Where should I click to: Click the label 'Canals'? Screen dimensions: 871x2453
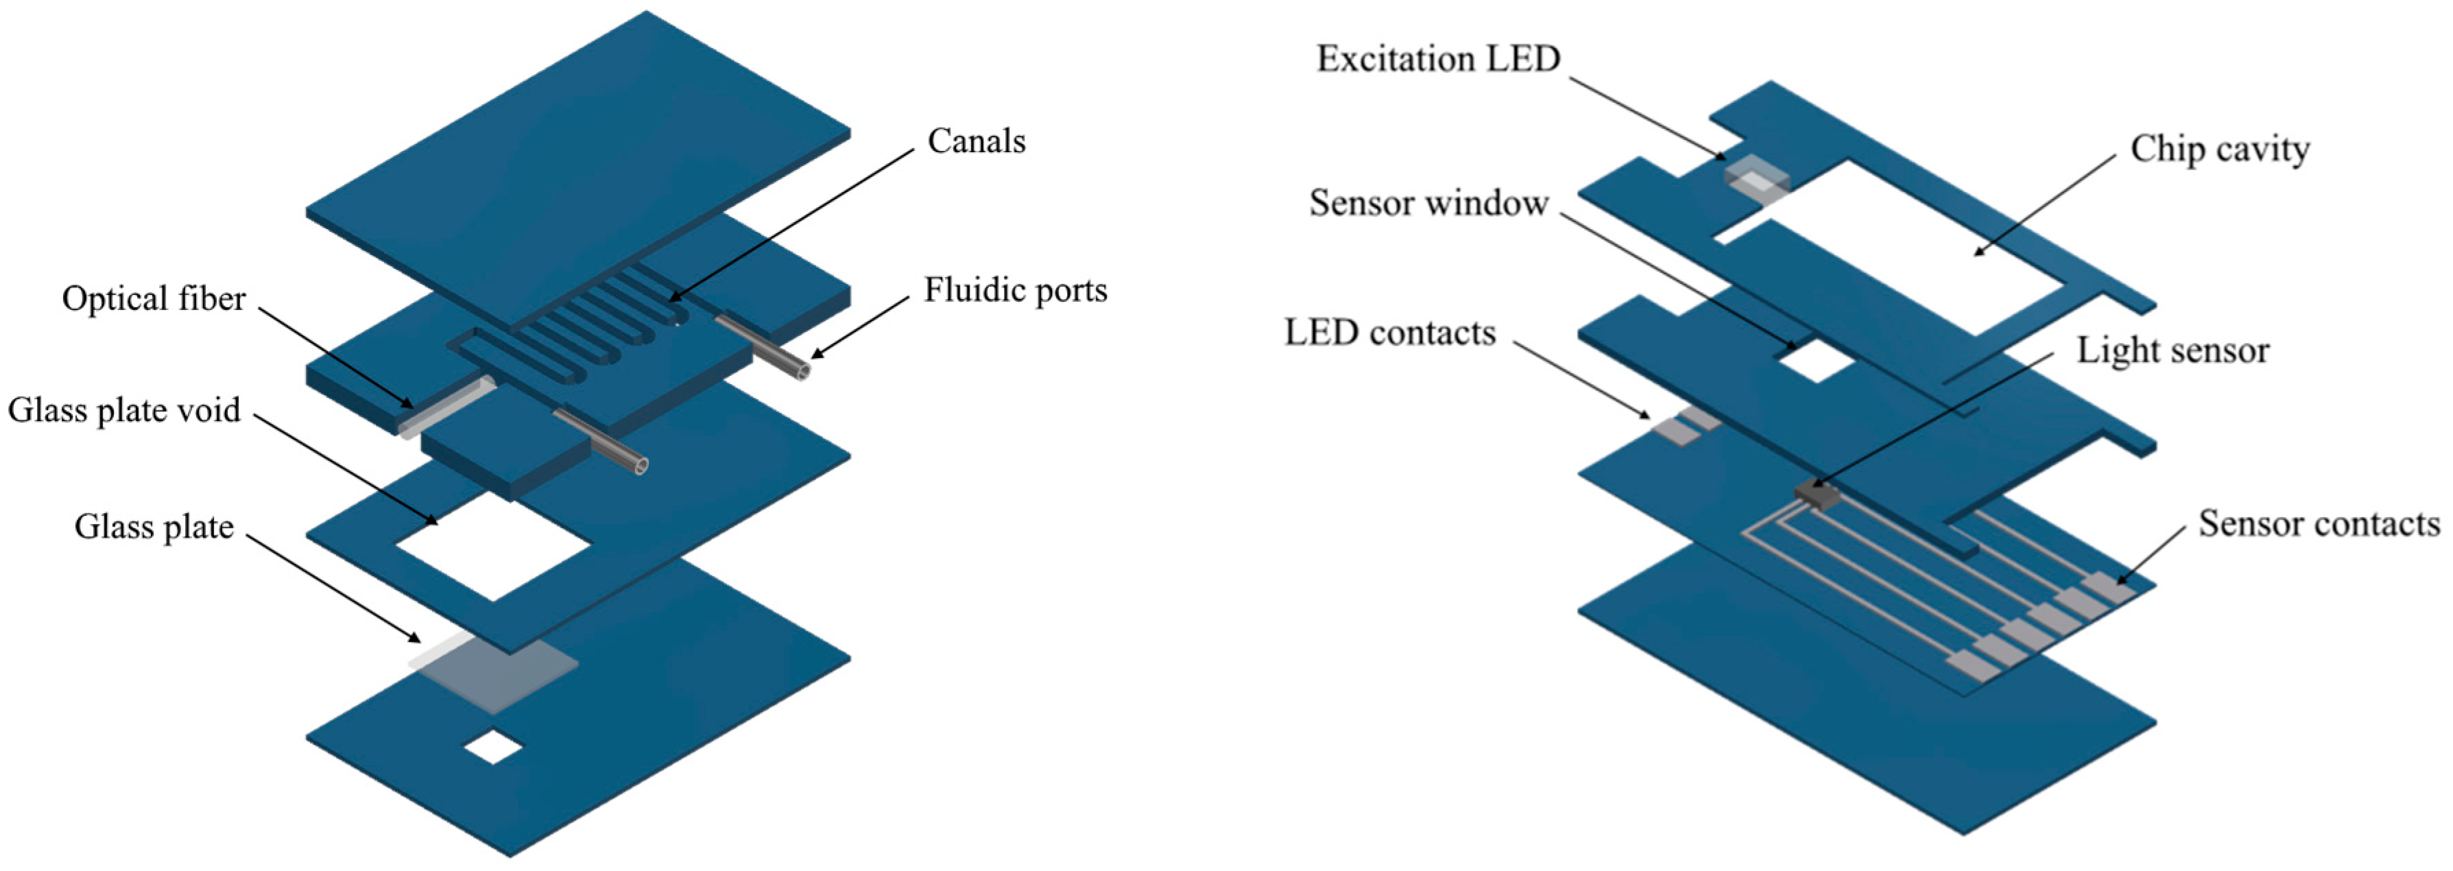(x=976, y=142)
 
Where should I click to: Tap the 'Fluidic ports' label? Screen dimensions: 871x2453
(x=1015, y=290)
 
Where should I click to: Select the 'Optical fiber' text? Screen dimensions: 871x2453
(x=154, y=299)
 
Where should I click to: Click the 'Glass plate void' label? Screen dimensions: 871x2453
(x=124, y=410)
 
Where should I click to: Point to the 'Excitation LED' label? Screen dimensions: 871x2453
(x=1438, y=59)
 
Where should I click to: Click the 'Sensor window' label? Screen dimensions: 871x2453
(x=1428, y=203)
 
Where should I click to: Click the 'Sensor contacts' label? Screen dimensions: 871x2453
(x=2318, y=523)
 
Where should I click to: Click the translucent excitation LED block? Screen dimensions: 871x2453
(x=1757, y=181)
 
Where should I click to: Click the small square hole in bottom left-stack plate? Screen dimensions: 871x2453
(x=492, y=748)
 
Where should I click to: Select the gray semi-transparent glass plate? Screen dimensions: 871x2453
(x=495, y=671)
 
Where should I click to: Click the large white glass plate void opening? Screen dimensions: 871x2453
(x=493, y=547)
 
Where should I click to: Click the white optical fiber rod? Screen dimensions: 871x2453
(x=448, y=407)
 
